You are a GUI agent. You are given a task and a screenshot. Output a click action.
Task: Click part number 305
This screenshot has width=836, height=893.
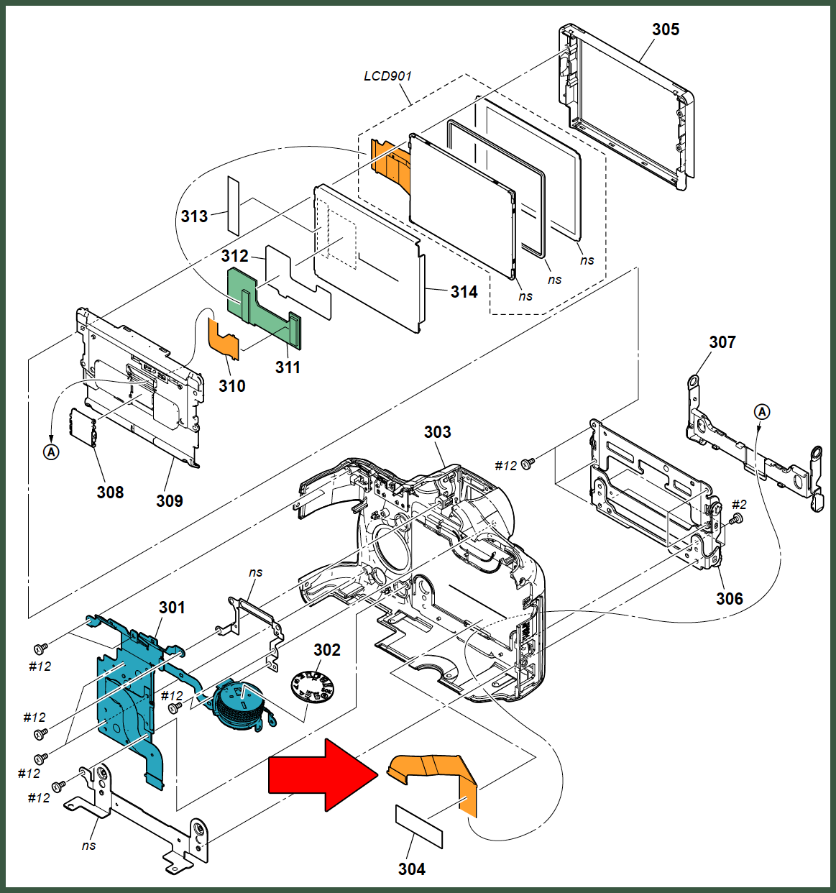click(x=666, y=29)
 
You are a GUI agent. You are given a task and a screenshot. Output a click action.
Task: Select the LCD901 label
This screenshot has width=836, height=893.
click(x=387, y=76)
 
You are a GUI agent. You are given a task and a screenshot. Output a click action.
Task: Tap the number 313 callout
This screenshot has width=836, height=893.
click(x=194, y=216)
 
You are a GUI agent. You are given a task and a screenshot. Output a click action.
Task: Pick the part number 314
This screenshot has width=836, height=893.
click(x=464, y=292)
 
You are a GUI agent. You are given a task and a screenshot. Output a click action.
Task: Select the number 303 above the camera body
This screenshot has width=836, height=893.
click(x=438, y=432)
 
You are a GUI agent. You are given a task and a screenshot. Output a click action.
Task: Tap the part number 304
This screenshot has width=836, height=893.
click(x=411, y=869)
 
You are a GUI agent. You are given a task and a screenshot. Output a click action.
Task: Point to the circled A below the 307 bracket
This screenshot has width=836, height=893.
click(x=762, y=412)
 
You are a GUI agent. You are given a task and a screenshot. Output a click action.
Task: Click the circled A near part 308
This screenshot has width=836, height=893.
click(x=51, y=452)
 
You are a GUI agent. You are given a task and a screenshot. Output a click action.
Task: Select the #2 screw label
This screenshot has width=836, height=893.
click(x=739, y=505)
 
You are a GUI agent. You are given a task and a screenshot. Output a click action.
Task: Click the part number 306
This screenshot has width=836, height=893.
click(x=730, y=599)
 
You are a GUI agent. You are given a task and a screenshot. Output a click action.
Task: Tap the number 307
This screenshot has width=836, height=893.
click(x=722, y=342)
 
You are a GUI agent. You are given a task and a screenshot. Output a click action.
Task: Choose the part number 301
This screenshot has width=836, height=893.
click(x=172, y=608)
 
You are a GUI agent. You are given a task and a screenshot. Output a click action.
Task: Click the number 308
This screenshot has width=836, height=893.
click(x=110, y=493)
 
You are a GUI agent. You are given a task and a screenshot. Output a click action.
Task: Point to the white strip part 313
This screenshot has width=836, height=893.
click(x=234, y=206)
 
